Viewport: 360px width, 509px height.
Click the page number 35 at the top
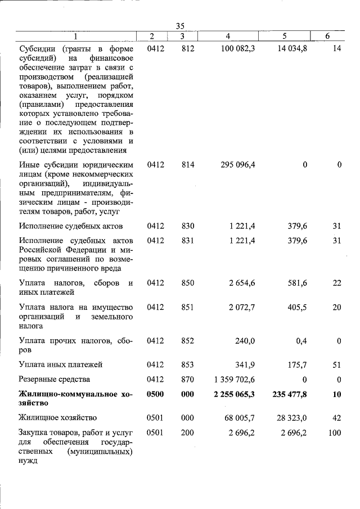click(x=180, y=26)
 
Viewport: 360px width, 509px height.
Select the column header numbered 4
click(x=228, y=36)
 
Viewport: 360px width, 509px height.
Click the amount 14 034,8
click(x=292, y=49)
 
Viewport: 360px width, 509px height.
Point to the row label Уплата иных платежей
click(x=60, y=364)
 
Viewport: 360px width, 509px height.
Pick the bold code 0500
click(x=155, y=394)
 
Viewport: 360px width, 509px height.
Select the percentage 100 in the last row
click(x=335, y=433)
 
